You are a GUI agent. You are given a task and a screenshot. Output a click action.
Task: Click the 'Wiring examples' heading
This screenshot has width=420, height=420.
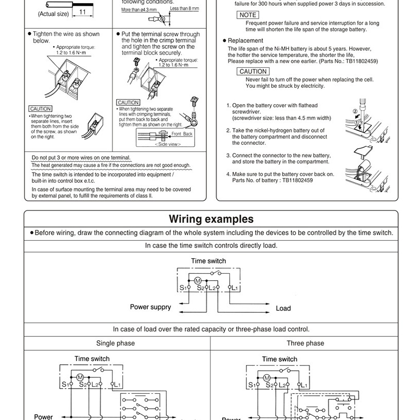pyautogui.click(x=211, y=219)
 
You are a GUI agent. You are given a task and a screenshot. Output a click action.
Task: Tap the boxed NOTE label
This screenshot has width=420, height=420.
pyautogui.click(x=248, y=15)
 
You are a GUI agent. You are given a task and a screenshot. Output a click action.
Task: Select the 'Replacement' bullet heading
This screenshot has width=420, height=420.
pyautogui.click(x=245, y=41)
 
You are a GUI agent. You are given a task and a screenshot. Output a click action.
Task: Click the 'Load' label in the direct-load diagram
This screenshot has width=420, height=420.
pyautogui.click(x=283, y=309)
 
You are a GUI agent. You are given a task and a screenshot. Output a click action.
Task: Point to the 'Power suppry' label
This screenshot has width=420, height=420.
pyautogui.click(x=150, y=307)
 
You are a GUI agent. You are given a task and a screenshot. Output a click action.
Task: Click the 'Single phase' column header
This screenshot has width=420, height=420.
pyautogui.click(x=116, y=343)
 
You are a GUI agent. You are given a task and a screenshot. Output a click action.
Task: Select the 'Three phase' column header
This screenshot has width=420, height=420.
pyautogui.click(x=305, y=343)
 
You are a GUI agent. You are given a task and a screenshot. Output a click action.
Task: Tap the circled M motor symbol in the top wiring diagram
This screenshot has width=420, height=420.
pyautogui.click(x=198, y=280)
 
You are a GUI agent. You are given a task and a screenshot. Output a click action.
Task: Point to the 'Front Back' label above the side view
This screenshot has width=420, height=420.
pyautogui.click(x=182, y=133)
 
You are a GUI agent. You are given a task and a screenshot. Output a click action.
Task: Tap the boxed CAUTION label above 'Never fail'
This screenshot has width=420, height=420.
pyautogui.click(x=253, y=71)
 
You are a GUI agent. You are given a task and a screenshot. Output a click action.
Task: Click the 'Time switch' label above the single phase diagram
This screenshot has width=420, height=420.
pyautogui.click(x=92, y=359)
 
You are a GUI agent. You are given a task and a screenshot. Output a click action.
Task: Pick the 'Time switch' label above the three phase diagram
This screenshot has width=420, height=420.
pyautogui.click(x=279, y=359)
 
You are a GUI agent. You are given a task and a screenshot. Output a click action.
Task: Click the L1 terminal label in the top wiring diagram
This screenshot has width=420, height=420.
pyautogui.click(x=234, y=288)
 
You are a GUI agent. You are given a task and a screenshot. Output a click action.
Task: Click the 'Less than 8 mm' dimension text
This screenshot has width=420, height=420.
pyautogui.click(x=184, y=9)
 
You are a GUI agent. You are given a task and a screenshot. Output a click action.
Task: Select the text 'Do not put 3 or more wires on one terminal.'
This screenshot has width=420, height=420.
pyautogui.click(x=81, y=157)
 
